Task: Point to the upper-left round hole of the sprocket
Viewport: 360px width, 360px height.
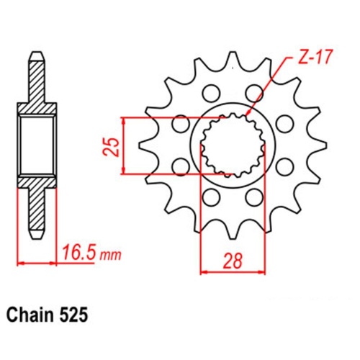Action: [x=210, y=92]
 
